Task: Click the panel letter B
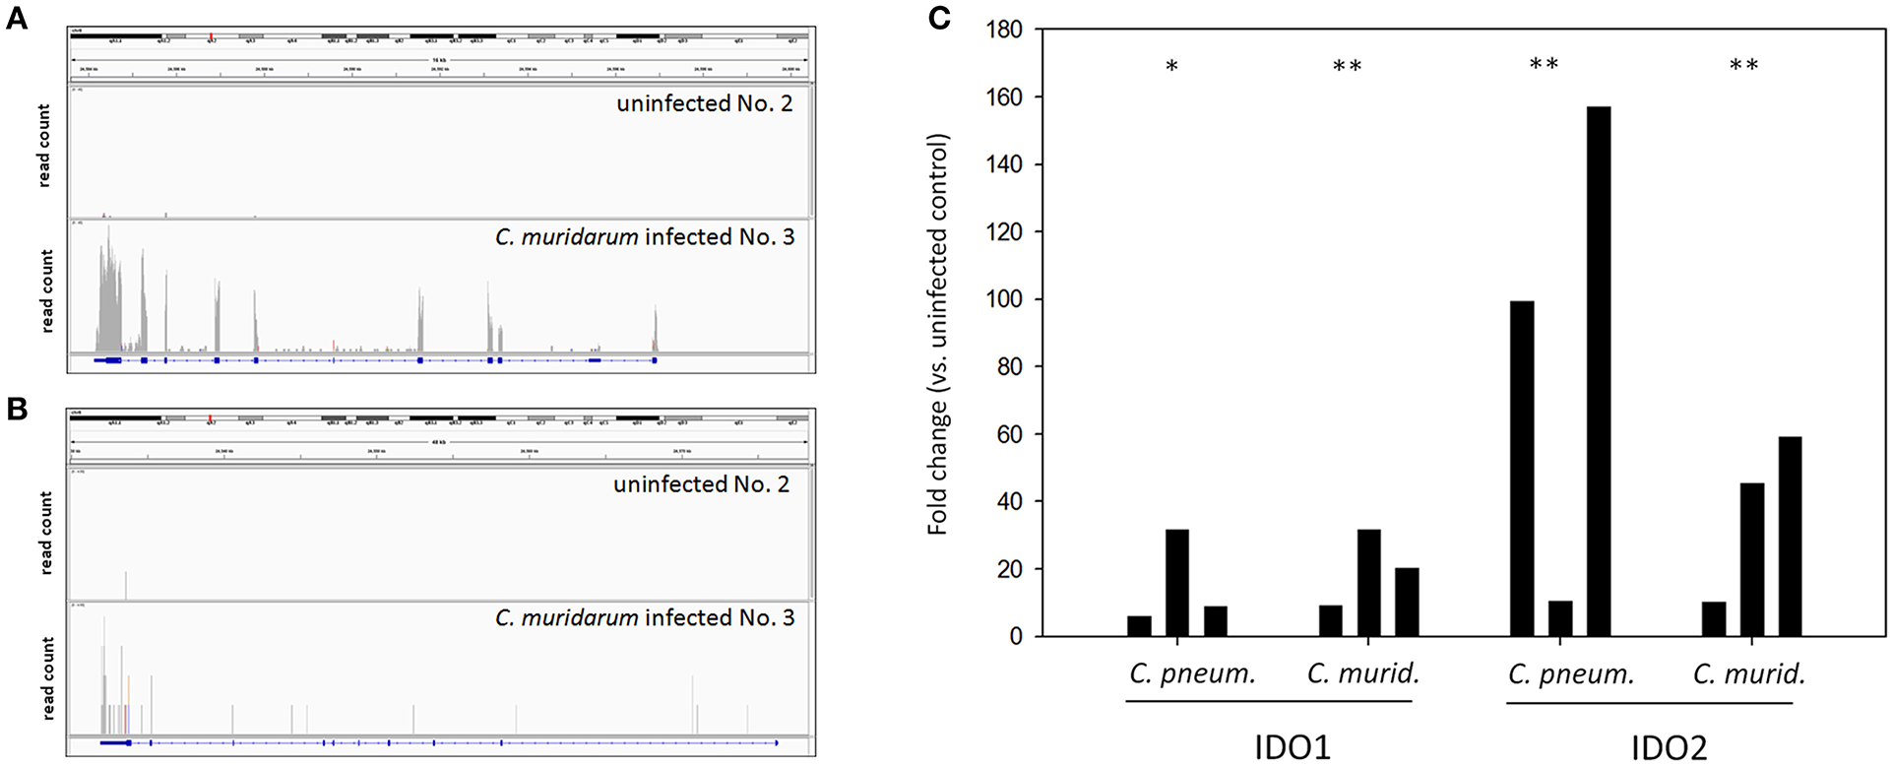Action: tap(16, 409)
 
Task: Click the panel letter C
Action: tap(940, 18)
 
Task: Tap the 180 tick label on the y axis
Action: tap(1003, 31)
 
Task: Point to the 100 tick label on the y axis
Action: tap(1003, 299)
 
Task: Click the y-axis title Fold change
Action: tap(937, 335)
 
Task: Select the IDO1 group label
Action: tap(1293, 747)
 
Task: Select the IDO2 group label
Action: tap(1669, 747)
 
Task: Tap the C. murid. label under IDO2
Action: tap(1749, 674)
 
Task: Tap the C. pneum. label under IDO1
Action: tap(1192, 674)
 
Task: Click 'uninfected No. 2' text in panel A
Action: tap(704, 103)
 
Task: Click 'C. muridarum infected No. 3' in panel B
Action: tap(645, 618)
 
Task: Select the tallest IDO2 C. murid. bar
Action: tap(1790, 537)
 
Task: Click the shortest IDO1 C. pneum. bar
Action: tap(1139, 626)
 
